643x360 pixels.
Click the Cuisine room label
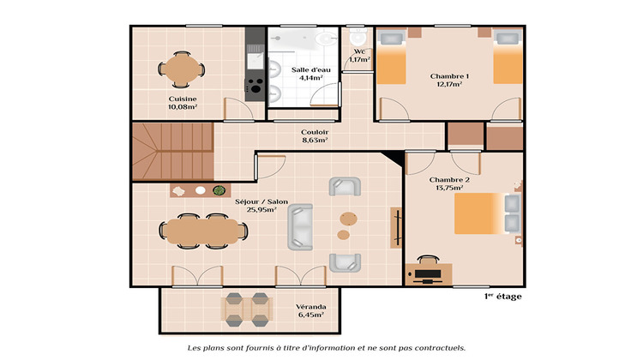pos(183,99)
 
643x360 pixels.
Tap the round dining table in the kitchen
pos(182,69)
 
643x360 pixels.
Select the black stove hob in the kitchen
pos(255,85)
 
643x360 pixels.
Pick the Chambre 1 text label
pos(449,76)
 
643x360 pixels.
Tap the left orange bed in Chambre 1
pos(391,63)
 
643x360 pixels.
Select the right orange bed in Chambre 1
pos(507,63)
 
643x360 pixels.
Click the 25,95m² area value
pos(261,210)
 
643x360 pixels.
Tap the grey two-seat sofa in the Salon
pos(301,227)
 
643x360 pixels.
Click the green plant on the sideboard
pos(219,190)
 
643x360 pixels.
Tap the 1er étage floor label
pos(502,297)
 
